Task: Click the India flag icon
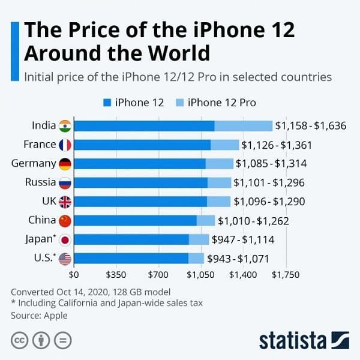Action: pos(65,125)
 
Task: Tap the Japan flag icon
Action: pos(65,239)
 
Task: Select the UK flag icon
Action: pos(65,202)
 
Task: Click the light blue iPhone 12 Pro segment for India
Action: pos(243,125)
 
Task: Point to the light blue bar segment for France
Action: pos(224,145)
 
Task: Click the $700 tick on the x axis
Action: pos(158,275)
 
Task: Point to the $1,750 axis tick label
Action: pos(285,275)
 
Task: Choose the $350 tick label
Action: pos(116,275)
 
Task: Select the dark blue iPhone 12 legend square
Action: pos(107,103)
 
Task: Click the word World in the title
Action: pos(175,53)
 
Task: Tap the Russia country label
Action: pos(40,182)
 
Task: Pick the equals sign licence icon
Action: pos(62,340)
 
